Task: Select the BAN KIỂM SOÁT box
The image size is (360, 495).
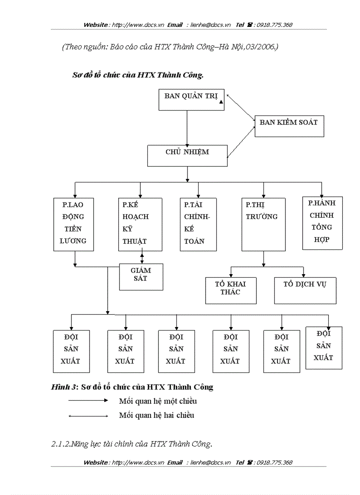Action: point(289,126)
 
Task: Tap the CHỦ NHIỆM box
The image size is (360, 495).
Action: point(187,156)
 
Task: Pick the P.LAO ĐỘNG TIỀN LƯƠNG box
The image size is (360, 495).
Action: point(74,224)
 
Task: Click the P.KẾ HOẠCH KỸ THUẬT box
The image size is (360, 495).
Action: point(140,224)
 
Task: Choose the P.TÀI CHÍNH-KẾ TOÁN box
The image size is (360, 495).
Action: point(198,224)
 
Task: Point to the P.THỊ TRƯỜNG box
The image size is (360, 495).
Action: point(263,224)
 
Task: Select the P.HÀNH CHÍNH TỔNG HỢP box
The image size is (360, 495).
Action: point(322,223)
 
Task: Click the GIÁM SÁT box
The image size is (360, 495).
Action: point(141,277)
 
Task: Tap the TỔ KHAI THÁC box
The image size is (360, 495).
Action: point(231,290)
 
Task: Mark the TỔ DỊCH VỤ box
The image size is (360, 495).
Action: point(305,290)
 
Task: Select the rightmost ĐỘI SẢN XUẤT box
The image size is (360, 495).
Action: point(324,348)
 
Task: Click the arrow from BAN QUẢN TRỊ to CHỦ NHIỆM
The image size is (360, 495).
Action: point(187,128)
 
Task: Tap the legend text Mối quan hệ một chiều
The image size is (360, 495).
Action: point(157,401)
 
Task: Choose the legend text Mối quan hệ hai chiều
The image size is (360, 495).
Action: point(156,415)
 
